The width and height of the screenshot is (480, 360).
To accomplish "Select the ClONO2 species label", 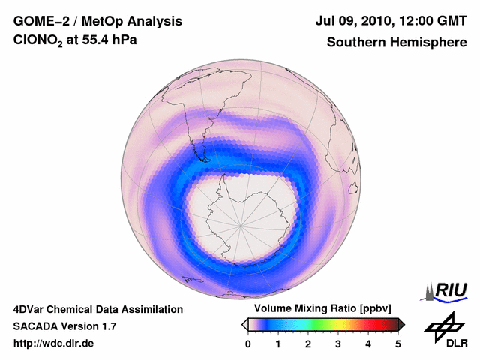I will tap(38, 43).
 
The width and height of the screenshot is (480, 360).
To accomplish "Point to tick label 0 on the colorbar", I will tap(248, 343).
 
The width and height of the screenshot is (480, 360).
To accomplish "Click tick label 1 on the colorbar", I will tap(278, 343).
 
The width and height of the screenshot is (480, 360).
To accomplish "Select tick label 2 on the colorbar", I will tap(308, 343).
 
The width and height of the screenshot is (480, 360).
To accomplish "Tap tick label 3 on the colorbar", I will tap(338, 343).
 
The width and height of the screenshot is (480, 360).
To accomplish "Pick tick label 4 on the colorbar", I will tap(368, 343).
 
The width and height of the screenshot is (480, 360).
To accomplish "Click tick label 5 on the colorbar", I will tap(398, 343).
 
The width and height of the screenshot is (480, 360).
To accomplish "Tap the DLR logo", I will tap(446, 330).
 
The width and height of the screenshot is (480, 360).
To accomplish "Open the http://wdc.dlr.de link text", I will tap(53, 343).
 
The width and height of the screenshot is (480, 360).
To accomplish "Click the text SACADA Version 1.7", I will tap(64, 326).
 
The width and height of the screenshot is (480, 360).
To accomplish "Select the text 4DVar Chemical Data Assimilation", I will tap(97, 309).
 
